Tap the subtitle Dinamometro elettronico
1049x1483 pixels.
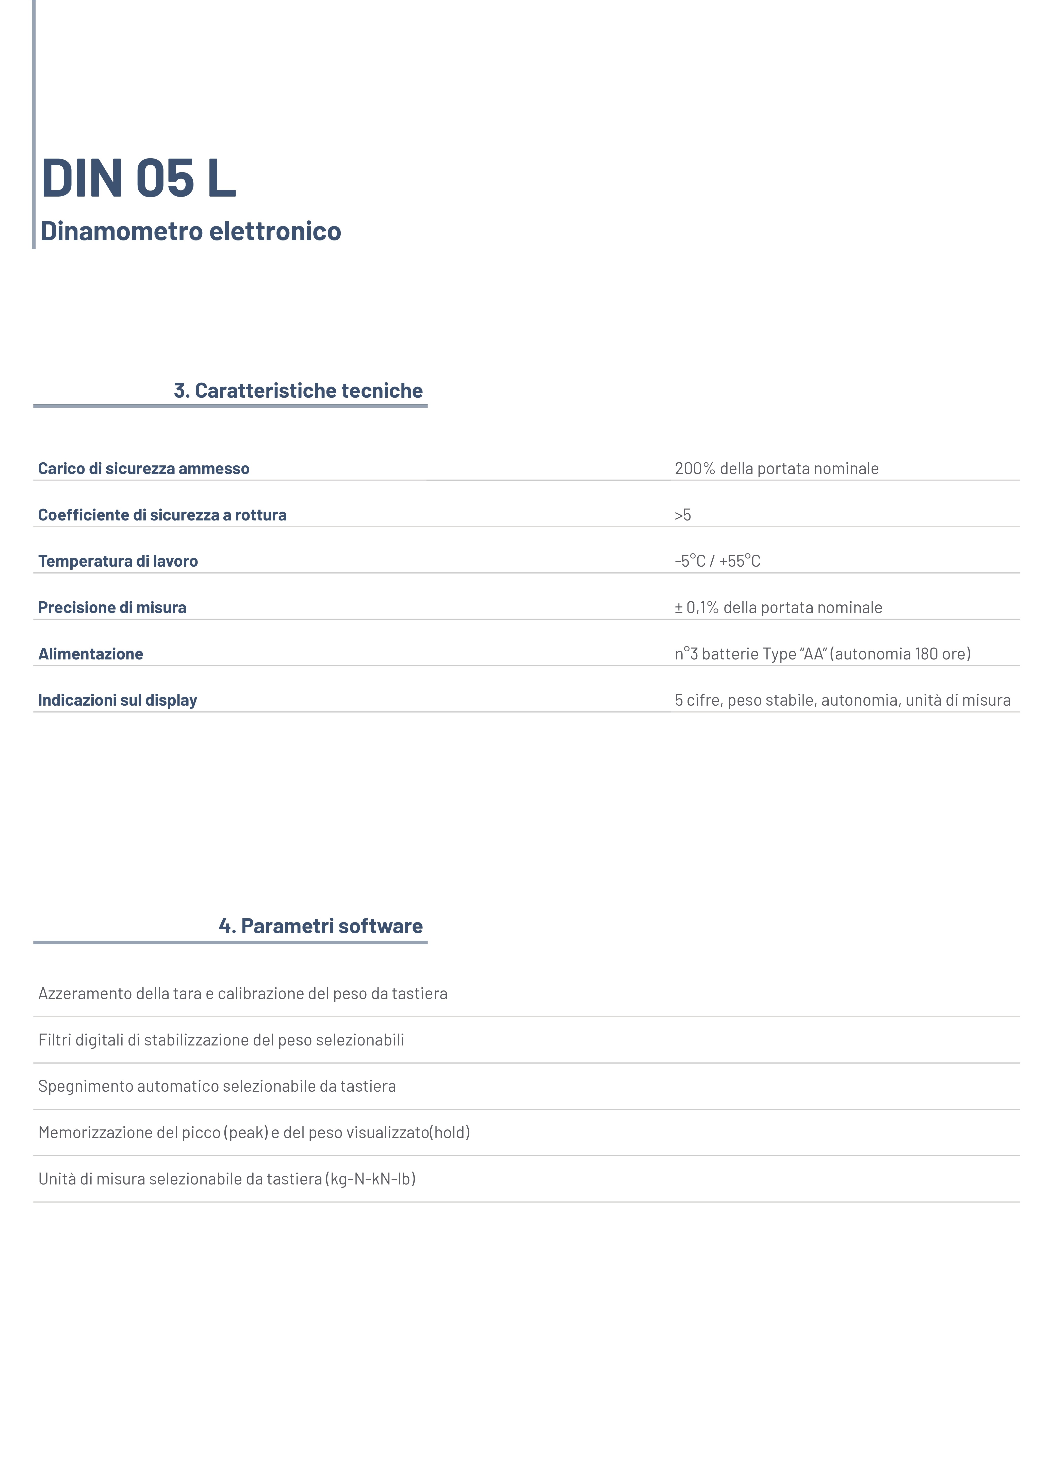[x=191, y=231]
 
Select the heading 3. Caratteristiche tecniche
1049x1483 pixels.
[x=298, y=391]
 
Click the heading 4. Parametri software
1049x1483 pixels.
[x=321, y=926]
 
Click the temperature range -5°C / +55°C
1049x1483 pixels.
[x=717, y=561]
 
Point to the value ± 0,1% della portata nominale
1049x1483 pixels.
[x=778, y=608]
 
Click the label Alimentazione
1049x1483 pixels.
[x=90, y=654]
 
